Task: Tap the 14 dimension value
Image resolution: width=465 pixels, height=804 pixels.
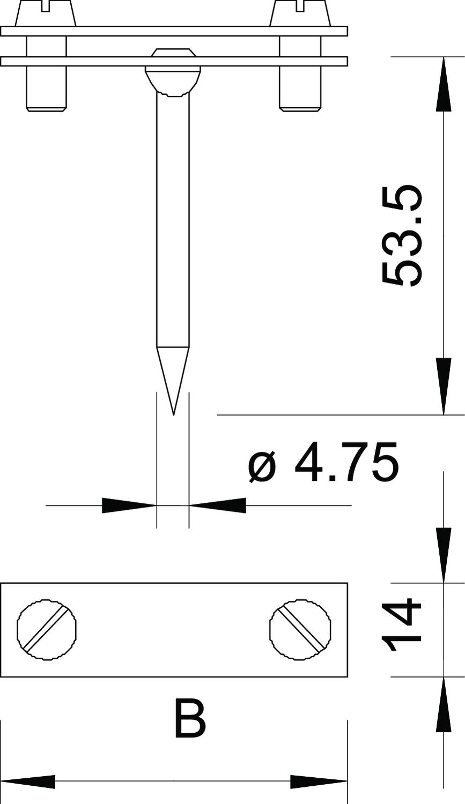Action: point(401,624)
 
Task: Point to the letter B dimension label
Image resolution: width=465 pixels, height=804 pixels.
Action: point(190,717)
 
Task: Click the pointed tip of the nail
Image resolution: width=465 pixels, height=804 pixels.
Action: point(174,415)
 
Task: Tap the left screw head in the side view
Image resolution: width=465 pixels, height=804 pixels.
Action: point(46,13)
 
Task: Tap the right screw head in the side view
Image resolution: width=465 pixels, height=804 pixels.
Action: point(300,13)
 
